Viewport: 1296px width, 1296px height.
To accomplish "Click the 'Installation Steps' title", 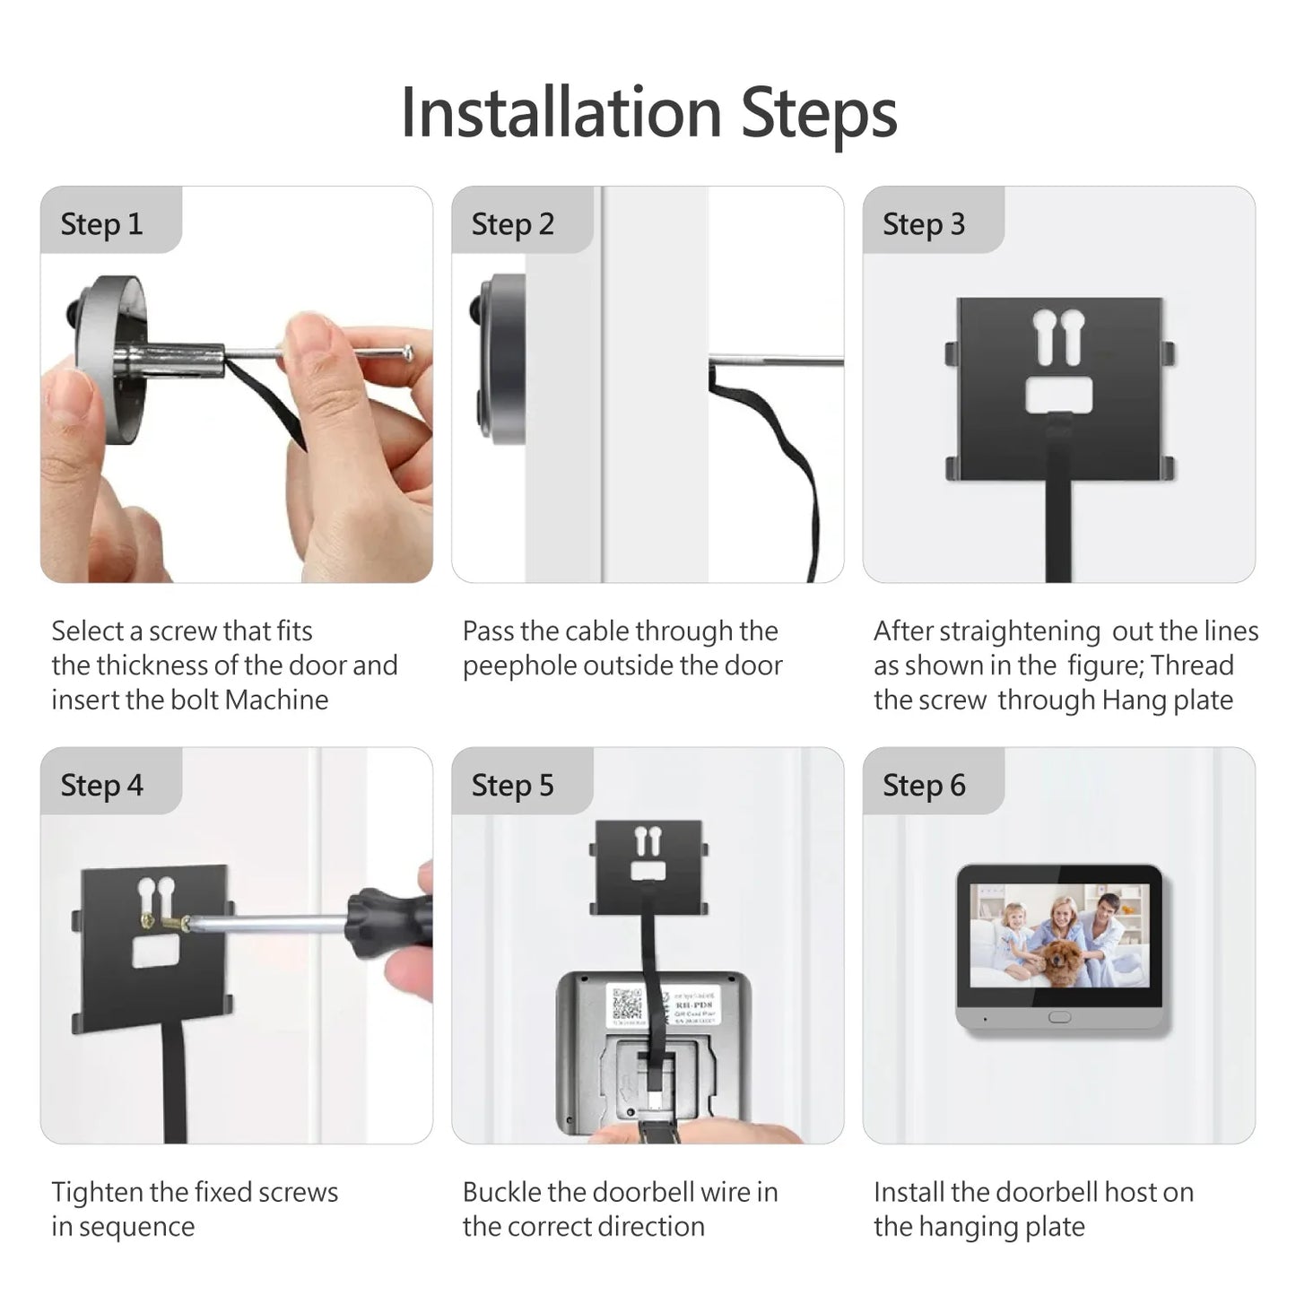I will coord(648,113).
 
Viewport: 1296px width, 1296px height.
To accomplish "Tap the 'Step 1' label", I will coord(101,224).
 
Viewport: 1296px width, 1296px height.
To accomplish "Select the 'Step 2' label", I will coord(512,224).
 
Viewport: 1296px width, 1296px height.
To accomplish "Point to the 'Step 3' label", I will coord(923,224).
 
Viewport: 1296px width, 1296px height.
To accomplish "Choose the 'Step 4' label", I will coord(101,786).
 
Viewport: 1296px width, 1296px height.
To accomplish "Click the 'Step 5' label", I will coord(512,786).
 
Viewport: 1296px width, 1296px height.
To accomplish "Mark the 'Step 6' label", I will coord(923,786).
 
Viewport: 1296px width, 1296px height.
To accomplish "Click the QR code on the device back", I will coord(627,1005).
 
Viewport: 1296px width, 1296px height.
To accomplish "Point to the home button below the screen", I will coord(1059,1018).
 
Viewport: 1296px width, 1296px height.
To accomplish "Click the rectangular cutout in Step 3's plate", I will coord(1059,394).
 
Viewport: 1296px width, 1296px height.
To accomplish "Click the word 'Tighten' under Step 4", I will coord(97,1193).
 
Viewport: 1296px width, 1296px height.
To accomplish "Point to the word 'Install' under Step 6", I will coord(909,1193).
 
